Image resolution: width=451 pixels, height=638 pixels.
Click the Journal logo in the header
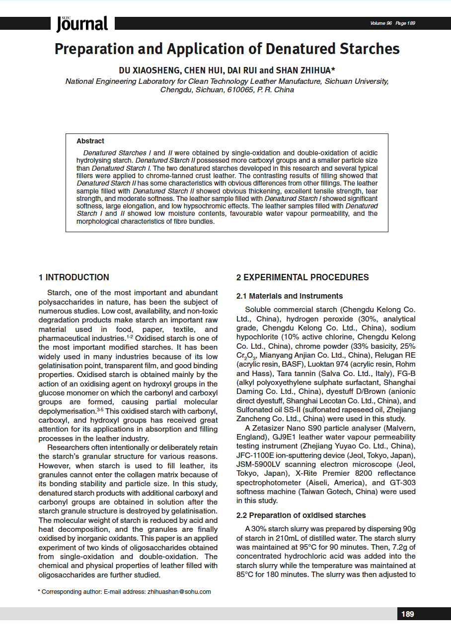pos(82,23)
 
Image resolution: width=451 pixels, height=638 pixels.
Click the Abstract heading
pos(90,141)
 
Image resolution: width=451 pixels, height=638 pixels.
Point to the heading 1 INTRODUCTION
pos(74,277)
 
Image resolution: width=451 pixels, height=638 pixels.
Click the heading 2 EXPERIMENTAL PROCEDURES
pos(302,277)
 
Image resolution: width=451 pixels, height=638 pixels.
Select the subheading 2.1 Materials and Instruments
pos(290,296)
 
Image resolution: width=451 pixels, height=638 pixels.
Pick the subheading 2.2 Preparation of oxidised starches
pos(301,515)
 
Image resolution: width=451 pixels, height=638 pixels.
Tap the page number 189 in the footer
pos(407,614)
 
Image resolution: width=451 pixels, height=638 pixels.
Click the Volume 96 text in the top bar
pos(381,23)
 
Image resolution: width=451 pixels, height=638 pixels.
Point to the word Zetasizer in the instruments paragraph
pos(271,428)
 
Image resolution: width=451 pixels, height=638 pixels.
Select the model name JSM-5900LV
pos(258,464)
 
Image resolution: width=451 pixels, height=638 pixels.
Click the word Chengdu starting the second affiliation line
pos(175,90)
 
